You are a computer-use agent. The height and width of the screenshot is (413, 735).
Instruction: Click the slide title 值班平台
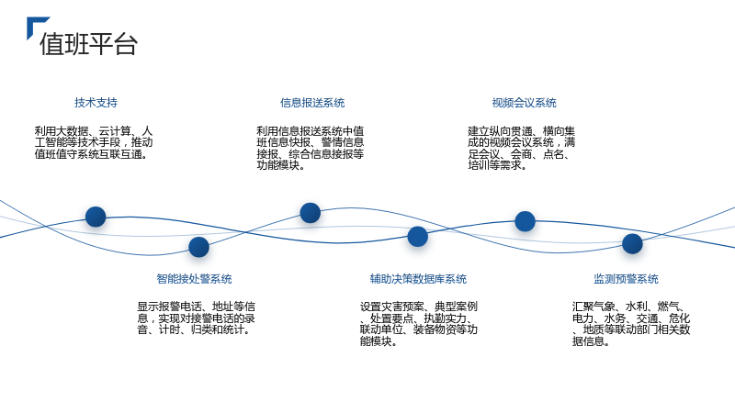coord(88,44)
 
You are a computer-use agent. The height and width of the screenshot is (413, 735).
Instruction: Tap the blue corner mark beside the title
coord(33,24)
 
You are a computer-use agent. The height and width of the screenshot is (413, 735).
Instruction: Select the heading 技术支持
coord(96,103)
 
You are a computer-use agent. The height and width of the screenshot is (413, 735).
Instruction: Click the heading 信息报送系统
coord(312,103)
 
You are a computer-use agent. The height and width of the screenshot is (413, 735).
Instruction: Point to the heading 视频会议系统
coord(524,103)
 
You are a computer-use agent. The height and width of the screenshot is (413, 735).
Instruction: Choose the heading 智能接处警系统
coord(194,279)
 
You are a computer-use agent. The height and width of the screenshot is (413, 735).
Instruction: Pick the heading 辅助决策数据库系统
coord(418,279)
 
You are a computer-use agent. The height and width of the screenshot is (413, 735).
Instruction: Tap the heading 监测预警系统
coord(626,279)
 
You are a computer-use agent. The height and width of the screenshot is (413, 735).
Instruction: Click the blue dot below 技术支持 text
coord(96,217)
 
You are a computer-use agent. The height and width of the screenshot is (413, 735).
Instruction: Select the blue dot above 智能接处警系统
coord(198,247)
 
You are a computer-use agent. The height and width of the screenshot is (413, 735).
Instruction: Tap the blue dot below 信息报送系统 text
coord(311,213)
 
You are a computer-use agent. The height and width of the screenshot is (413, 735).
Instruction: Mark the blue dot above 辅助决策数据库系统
coord(418,237)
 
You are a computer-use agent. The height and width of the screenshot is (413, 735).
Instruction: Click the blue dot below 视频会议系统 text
coord(525,221)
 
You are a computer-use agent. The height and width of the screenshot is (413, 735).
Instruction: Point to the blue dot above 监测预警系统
coord(632,244)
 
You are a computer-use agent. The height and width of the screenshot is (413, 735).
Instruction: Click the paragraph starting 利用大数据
coord(94,142)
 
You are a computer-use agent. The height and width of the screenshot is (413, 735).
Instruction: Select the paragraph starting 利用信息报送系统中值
coord(311,148)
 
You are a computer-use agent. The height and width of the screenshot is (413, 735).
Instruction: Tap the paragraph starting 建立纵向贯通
coord(521,148)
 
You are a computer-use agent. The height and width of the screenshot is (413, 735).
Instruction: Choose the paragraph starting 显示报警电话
coord(196,318)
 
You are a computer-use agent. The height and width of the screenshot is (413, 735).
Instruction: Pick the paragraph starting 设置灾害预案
coord(419,324)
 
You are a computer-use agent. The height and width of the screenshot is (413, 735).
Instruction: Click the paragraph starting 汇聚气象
coord(631,324)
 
